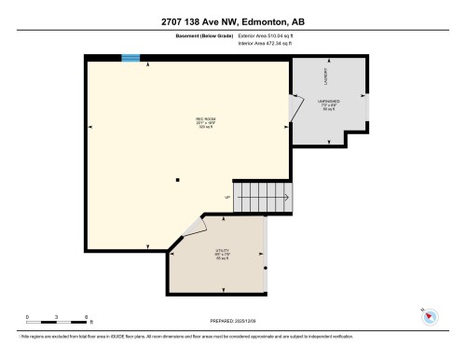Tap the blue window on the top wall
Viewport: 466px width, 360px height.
(131, 59)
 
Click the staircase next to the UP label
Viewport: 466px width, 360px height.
(262, 197)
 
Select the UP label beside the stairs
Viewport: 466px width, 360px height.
(226, 198)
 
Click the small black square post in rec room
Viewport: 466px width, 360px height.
(176, 181)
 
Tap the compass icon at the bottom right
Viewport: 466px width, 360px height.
(429, 315)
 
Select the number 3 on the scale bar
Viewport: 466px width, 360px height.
(57, 316)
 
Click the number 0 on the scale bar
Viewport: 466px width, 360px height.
(28, 316)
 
